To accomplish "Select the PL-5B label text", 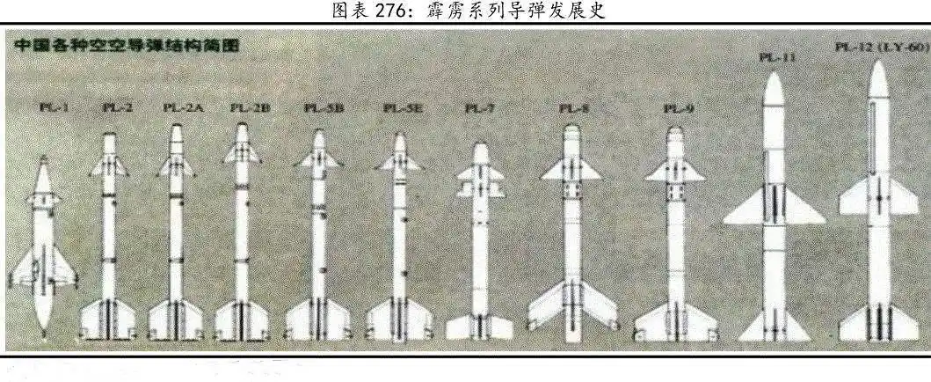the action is pos(324,107).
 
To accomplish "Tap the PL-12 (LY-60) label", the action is pos(880,46).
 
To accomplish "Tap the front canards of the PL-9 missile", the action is pos(675,173).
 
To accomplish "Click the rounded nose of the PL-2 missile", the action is pos(108,138).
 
